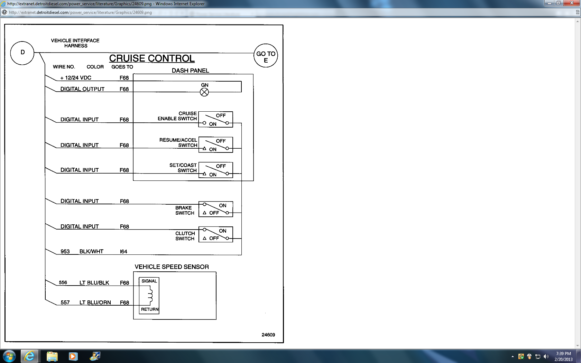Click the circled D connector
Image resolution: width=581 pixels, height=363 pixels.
point(22,53)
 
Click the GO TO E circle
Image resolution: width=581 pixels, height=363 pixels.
point(266,55)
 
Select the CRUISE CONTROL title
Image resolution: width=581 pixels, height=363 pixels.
point(152,58)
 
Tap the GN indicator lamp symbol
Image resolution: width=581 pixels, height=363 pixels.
point(204,92)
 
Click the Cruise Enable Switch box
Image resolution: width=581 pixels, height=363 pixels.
point(215,119)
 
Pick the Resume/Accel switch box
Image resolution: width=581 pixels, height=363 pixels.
point(215,145)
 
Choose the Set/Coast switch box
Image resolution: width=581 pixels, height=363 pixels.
point(215,170)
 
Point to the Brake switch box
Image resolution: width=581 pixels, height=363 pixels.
point(215,209)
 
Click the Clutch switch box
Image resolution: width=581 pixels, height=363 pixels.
point(215,234)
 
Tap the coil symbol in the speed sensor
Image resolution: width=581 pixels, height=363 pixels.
point(150,296)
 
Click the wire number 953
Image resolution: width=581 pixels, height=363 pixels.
point(65,251)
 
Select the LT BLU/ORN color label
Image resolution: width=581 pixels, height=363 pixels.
point(95,302)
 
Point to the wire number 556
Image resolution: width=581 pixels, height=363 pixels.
point(63,282)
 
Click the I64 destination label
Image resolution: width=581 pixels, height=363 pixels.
point(123,251)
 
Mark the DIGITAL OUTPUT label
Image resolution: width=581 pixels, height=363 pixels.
point(82,89)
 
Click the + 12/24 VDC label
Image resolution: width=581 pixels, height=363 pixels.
point(76,78)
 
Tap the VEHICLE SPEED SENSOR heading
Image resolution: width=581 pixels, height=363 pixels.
point(172,267)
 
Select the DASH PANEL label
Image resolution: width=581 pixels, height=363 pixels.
point(190,71)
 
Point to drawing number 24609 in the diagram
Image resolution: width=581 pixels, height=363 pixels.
point(268,335)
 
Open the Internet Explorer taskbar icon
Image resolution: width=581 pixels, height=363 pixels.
point(30,356)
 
